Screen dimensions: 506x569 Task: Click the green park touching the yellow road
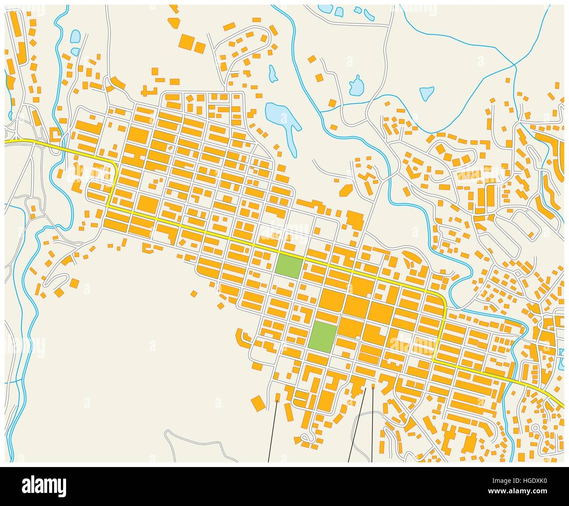[289, 266]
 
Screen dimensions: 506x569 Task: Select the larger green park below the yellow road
[323, 336]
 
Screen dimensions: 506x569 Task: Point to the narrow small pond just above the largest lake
[273, 74]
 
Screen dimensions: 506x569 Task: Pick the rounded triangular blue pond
[426, 93]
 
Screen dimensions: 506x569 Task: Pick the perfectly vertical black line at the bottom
[372, 425]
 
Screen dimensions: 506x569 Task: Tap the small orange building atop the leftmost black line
[277, 397]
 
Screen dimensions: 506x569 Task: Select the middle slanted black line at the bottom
[357, 425]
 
